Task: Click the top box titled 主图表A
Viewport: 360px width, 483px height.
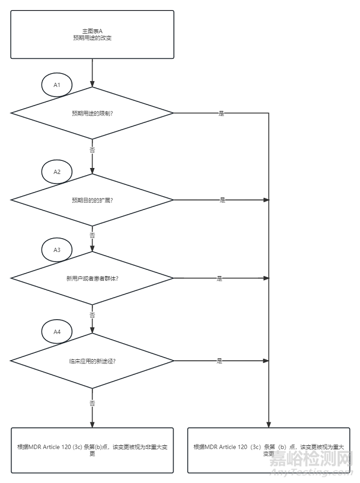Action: (x=92, y=34)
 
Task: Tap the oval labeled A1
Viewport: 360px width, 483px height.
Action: (x=57, y=85)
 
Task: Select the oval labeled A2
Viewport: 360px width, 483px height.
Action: (x=57, y=172)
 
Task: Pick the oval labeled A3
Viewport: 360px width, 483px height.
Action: (x=57, y=250)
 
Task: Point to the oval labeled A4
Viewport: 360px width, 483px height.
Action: (x=57, y=331)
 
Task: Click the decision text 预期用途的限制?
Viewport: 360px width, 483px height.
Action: (x=92, y=113)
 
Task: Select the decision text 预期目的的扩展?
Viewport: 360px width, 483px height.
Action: (x=92, y=200)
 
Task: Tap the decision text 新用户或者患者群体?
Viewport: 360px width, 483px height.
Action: (x=92, y=278)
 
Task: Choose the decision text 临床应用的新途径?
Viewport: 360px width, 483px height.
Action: (x=92, y=361)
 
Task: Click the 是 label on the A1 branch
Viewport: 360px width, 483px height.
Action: (x=221, y=113)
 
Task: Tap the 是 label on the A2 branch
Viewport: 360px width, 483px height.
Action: (x=221, y=200)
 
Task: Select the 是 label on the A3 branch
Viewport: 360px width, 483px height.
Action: (x=219, y=278)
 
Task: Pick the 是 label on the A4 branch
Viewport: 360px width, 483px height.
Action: (x=219, y=361)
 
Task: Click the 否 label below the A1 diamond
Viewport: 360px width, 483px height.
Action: (x=92, y=149)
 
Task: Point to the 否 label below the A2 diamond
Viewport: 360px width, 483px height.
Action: (x=92, y=236)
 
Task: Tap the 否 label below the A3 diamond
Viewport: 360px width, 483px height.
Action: (x=92, y=314)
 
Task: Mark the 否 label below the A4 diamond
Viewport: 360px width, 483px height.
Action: (x=92, y=403)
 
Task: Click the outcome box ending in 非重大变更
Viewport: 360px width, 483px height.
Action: (x=92, y=450)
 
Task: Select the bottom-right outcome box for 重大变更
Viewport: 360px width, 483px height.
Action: (x=268, y=450)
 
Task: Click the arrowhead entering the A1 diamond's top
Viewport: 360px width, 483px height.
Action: (x=92, y=84)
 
